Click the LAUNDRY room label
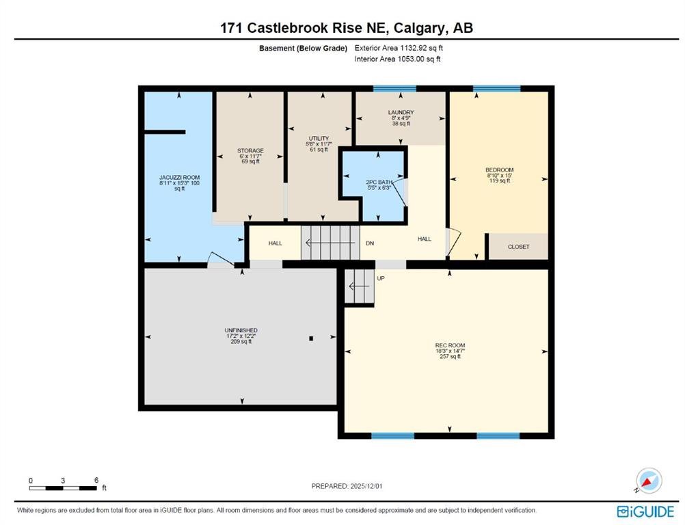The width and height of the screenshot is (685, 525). click(401, 112)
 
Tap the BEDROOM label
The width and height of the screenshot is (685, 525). click(499, 170)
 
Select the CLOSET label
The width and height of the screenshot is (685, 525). click(519, 247)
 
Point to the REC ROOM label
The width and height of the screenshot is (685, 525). click(450, 345)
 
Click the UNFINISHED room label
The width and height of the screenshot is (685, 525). click(241, 330)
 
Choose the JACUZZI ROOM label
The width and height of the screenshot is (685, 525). click(179, 177)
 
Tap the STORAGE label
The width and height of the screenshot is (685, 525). click(250, 150)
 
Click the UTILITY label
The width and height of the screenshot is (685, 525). click(319, 139)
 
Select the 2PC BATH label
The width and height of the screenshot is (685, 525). click(379, 182)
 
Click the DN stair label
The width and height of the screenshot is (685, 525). click(370, 243)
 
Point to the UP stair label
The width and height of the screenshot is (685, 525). click(381, 278)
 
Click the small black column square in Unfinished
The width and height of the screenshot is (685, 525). click(311, 338)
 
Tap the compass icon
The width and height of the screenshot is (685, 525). click(649, 481)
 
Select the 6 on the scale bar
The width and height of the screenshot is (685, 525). click(96, 480)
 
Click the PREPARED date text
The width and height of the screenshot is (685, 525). click(347, 486)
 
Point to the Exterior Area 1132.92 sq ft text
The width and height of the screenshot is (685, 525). click(399, 48)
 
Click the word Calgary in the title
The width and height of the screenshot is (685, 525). click(420, 28)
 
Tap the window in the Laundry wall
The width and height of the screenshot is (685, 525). click(394, 89)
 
